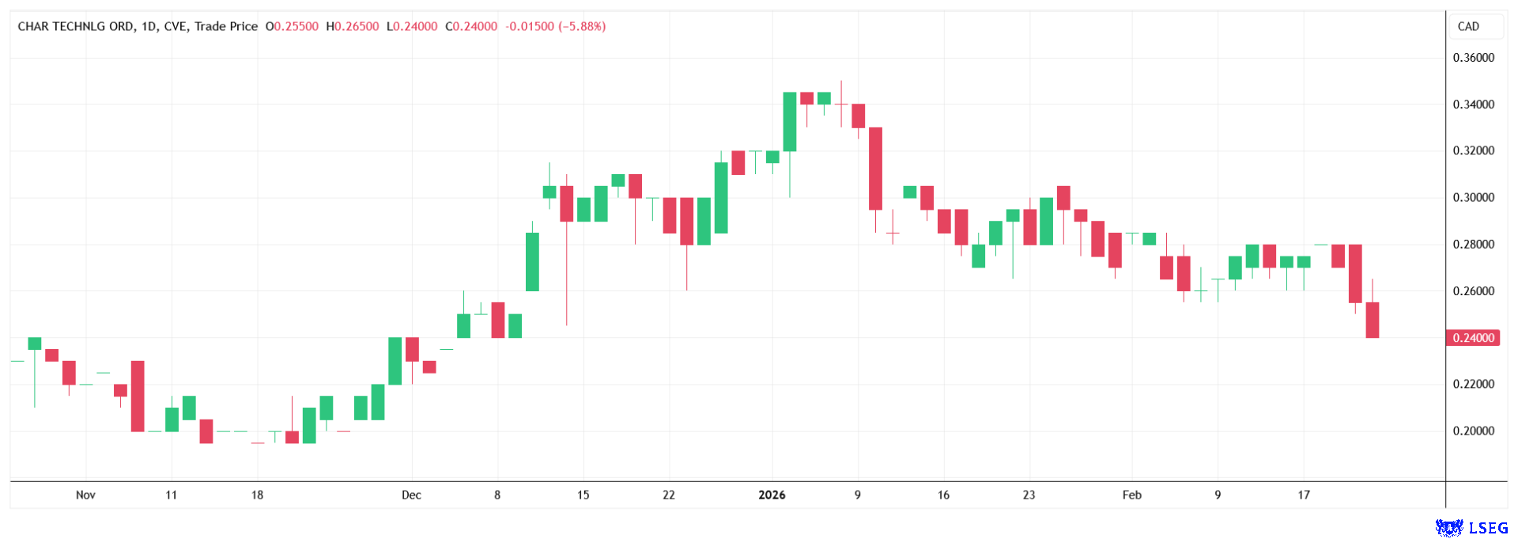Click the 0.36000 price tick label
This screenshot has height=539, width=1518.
tap(1473, 58)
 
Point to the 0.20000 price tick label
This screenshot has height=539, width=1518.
tap(1473, 431)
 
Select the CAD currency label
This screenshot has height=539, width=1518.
tap(1468, 26)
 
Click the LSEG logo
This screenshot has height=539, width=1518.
tap(1471, 527)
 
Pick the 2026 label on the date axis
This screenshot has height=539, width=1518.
tap(772, 495)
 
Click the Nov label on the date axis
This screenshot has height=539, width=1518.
tap(85, 495)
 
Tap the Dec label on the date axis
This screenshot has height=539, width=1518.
tap(411, 495)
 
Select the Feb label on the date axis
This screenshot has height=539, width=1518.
tap(1132, 495)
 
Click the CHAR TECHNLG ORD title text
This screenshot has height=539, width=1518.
tap(75, 26)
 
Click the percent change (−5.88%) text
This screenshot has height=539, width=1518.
tap(582, 26)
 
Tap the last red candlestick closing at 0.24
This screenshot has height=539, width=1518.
tap(1372, 320)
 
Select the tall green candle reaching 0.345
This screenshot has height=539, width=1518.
tap(789, 121)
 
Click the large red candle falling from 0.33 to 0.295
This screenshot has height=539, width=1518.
tap(875, 168)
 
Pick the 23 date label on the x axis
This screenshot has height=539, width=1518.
tap(1029, 495)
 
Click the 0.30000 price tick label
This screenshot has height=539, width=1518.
tap(1473, 198)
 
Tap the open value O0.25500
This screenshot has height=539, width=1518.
tap(292, 26)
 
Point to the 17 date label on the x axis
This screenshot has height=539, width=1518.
tap(1304, 495)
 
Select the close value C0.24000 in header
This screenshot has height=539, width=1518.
tap(471, 26)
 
